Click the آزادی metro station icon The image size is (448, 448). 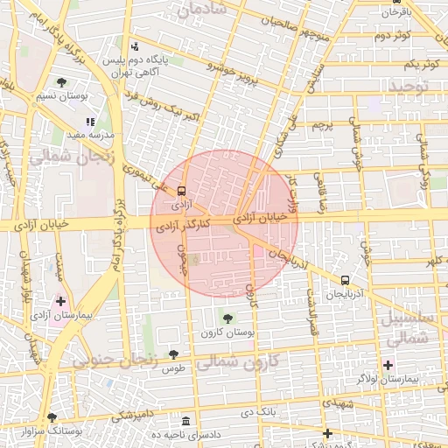pyautogui.click(x=182, y=190)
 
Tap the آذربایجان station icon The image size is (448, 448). pyautogui.click(x=345, y=281)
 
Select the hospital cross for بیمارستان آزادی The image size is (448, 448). pyautogui.click(x=59, y=301)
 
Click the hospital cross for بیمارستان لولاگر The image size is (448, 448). pyautogui.click(x=388, y=364)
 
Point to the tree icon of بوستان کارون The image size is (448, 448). pyautogui.click(x=227, y=318)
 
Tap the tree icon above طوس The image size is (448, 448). pyautogui.click(x=173, y=354)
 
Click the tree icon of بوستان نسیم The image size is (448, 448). pyautogui.click(x=61, y=82)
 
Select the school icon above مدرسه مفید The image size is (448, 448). pyautogui.click(x=89, y=122)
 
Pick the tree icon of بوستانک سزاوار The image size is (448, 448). pyautogui.click(x=52, y=417)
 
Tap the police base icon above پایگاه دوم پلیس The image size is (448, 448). pyautogui.click(x=134, y=47)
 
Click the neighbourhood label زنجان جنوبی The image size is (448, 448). pyautogui.click(x=114, y=359)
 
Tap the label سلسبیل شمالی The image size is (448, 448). pyautogui.click(x=409, y=325)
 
